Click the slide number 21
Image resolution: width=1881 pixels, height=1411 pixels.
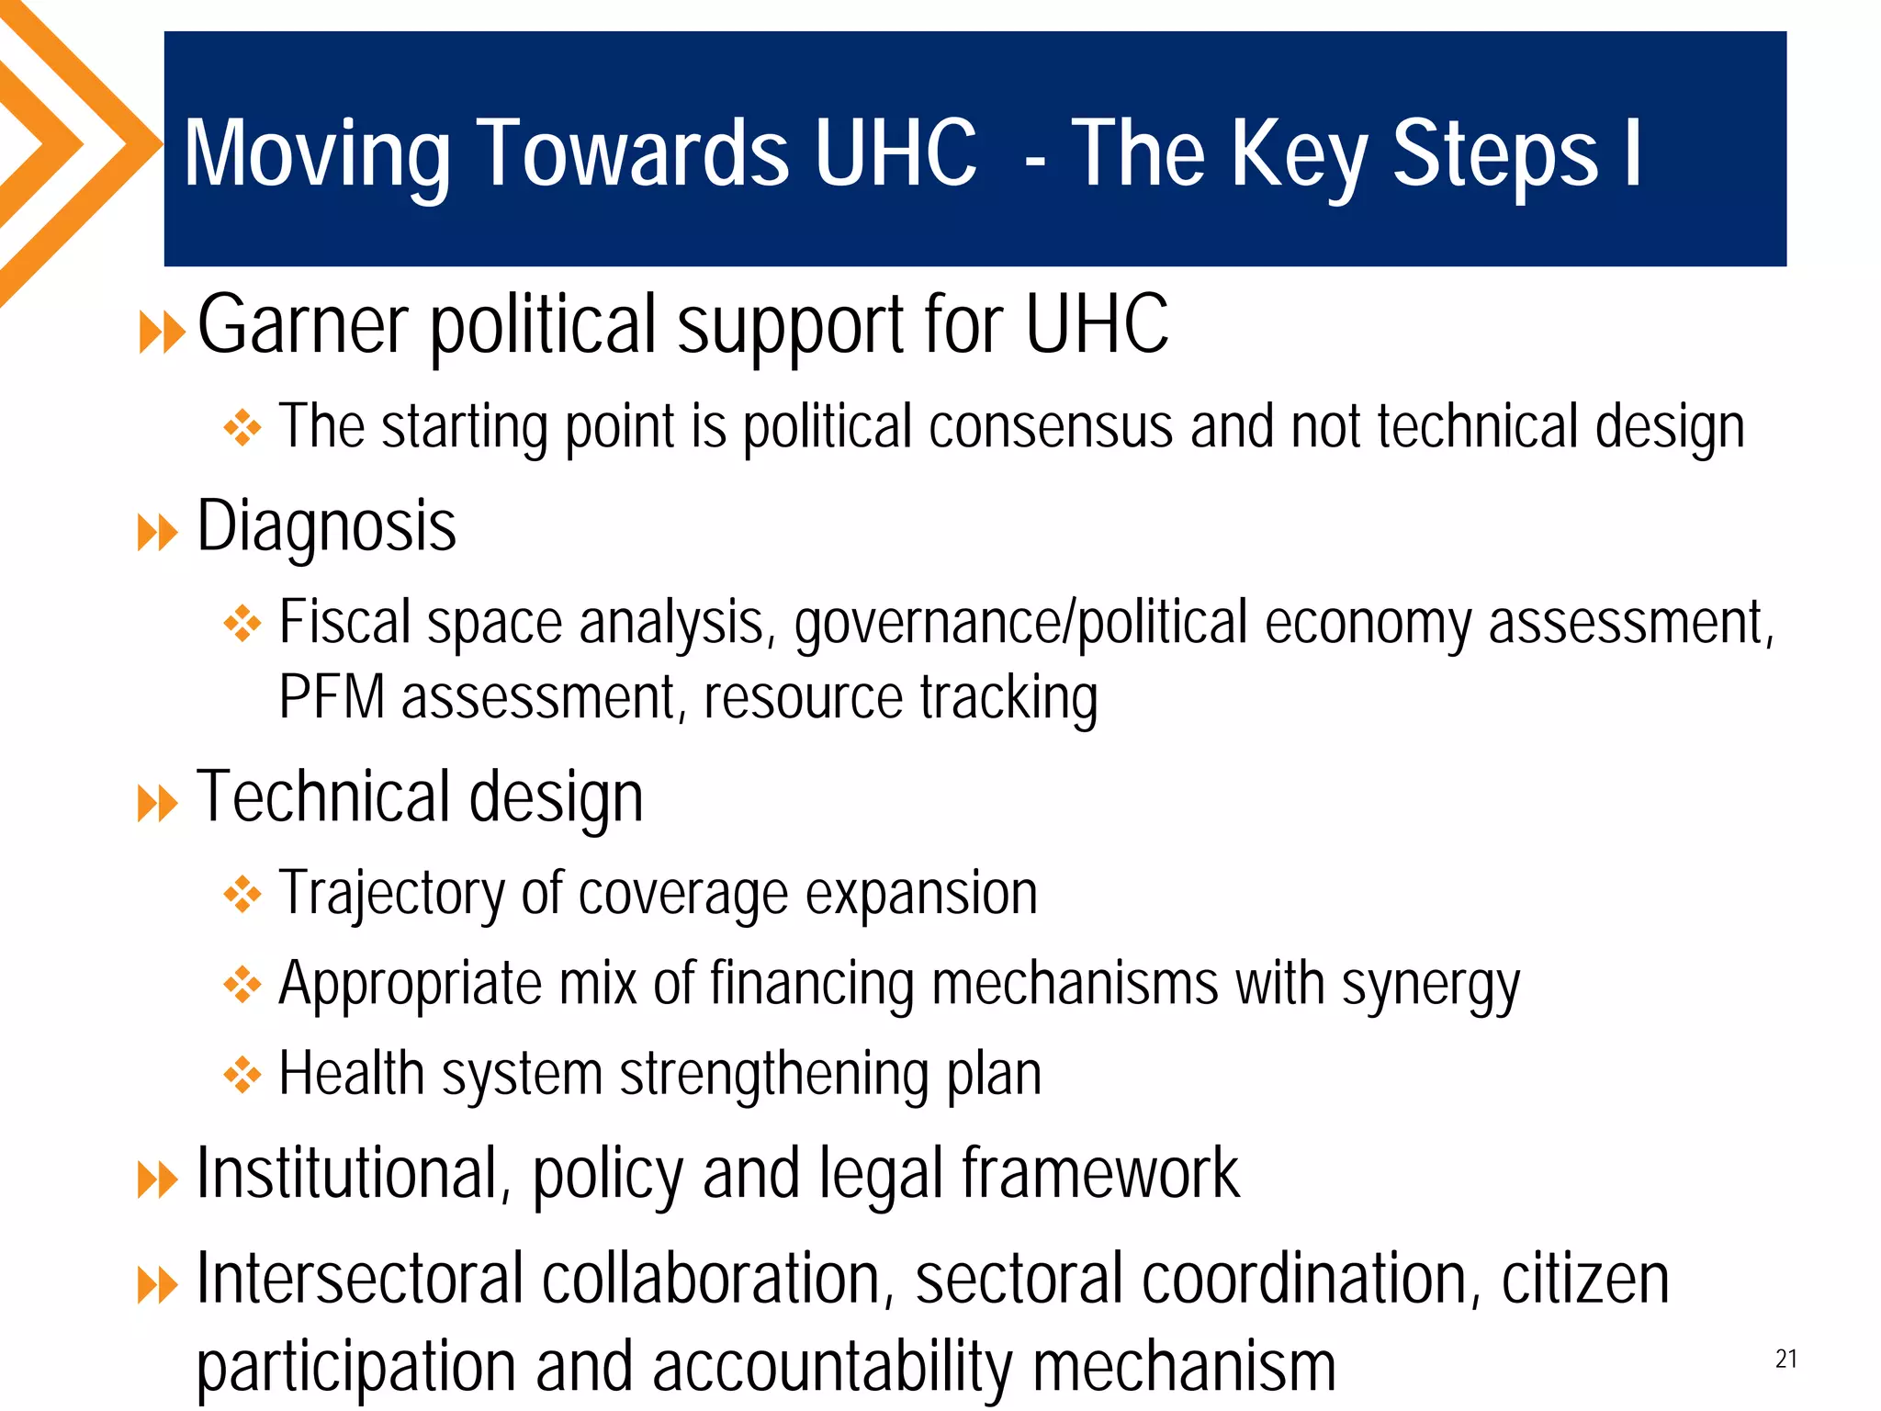pyautogui.click(x=1785, y=1359)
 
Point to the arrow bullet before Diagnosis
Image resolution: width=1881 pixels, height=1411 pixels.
pyautogui.click(x=157, y=533)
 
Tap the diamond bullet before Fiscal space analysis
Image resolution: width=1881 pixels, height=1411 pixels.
pyautogui.click(x=242, y=625)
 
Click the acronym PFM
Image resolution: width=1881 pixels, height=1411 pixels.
pyautogui.click(x=331, y=697)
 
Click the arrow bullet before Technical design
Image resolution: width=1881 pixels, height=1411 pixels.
pyautogui.click(x=157, y=804)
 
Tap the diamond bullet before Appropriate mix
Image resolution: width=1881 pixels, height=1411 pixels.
pyautogui.click(x=242, y=985)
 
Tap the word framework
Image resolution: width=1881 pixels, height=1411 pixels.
pyautogui.click(x=1100, y=1174)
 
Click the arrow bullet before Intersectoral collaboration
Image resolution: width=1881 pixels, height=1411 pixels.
pyautogui.click(x=157, y=1285)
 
